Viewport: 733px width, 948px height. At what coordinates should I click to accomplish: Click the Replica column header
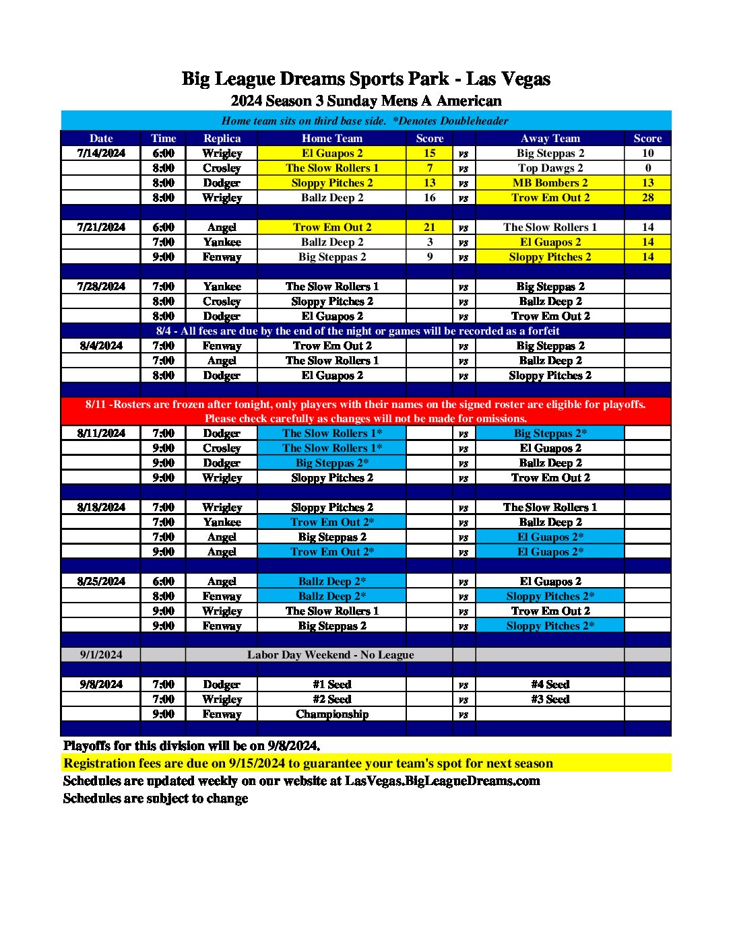pos(222,138)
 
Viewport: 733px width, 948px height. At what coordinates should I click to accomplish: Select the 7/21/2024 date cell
pos(101,227)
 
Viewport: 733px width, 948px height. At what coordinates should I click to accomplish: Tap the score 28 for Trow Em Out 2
pos(647,197)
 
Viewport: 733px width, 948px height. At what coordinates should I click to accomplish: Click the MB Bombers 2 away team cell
pos(550,182)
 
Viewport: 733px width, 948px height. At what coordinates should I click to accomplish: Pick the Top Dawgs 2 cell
pos(550,168)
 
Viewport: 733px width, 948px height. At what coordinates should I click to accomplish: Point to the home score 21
pos(429,227)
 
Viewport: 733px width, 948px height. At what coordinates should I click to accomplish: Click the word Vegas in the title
pos(526,79)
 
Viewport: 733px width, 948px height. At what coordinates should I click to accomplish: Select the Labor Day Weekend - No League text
pos(330,654)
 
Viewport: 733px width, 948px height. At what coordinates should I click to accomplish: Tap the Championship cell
pos(331,714)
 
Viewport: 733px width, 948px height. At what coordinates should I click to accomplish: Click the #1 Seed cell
pos(331,684)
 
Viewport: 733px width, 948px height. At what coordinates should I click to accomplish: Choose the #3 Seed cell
pos(550,699)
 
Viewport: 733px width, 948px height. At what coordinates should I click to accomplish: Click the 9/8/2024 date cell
pos(101,684)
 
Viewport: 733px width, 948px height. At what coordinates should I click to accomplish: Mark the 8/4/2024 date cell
pos(101,345)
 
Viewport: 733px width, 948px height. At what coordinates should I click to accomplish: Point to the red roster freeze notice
pos(366,411)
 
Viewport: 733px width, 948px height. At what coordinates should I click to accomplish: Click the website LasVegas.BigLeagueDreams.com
pos(442,780)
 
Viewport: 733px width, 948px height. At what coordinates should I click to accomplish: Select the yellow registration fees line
pos(308,763)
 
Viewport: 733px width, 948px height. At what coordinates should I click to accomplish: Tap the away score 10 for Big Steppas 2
pos(647,153)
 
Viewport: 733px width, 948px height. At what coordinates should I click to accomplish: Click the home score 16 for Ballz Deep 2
pos(429,197)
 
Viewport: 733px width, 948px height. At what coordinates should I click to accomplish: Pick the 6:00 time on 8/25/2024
pos(163,581)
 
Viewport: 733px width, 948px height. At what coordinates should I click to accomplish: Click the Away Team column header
pos(550,138)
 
